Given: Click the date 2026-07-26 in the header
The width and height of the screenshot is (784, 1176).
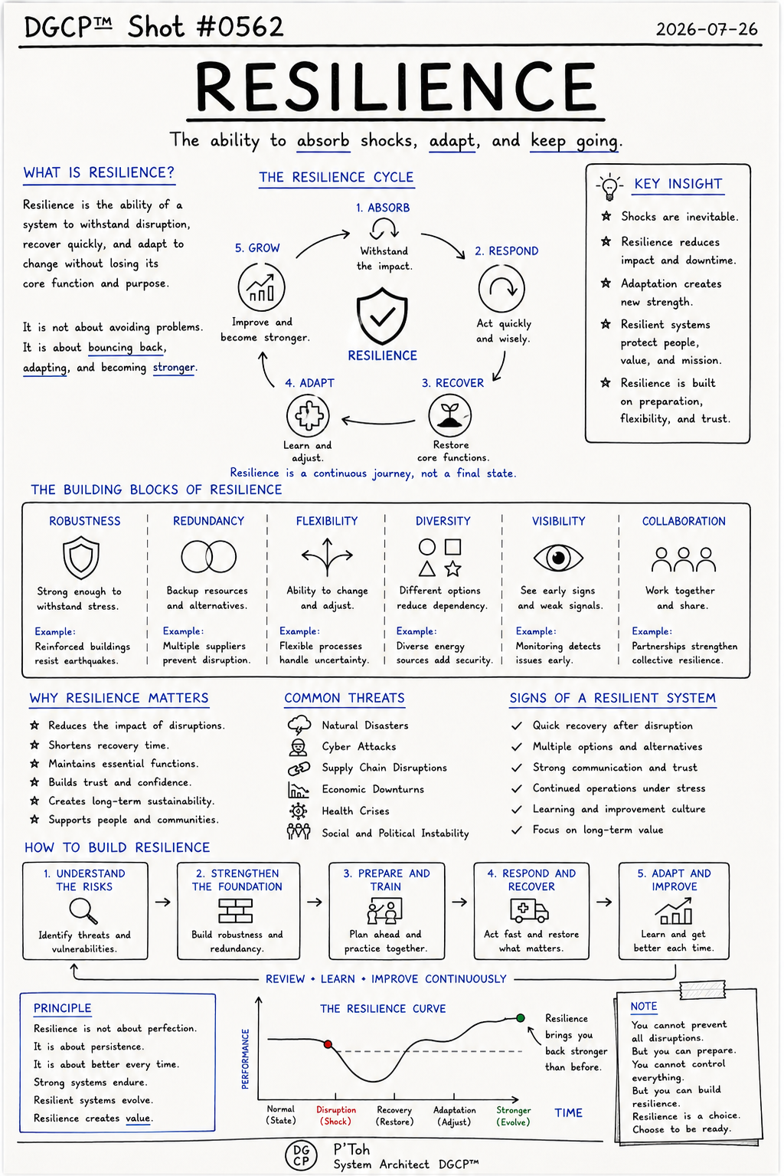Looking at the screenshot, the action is pyautogui.click(x=707, y=29).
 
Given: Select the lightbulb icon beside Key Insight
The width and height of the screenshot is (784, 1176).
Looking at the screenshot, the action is pyautogui.click(x=609, y=186).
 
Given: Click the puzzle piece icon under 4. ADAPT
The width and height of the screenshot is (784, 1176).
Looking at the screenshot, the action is pyautogui.click(x=308, y=415).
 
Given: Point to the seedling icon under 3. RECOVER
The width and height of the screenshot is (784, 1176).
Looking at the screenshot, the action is pyautogui.click(x=449, y=415).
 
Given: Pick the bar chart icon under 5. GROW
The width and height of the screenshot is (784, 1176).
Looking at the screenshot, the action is pyautogui.click(x=261, y=288).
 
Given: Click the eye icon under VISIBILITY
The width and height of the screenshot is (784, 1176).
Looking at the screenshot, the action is pyautogui.click(x=558, y=557).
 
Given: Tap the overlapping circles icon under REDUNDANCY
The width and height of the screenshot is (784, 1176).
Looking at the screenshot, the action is pyautogui.click(x=209, y=556).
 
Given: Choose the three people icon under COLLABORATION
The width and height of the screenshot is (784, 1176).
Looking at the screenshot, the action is pyautogui.click(x=683, y=559).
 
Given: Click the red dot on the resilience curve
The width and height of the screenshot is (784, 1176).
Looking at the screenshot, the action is pyautogui.click(x=328, y=1044).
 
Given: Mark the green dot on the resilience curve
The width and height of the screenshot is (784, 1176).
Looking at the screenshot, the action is pyautogui.click(x=520, y=1018).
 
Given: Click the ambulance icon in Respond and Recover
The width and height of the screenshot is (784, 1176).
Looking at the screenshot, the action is pyautogui.click(x=529, y=910).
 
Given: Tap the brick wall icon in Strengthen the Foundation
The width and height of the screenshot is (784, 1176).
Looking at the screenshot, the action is pyautogui.click(x=236, y=911).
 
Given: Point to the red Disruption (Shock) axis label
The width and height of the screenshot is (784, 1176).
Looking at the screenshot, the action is pyautogui.click(x=336, y=1115).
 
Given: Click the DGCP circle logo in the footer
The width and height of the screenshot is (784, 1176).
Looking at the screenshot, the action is pyautogui.click(x=301, y=1155).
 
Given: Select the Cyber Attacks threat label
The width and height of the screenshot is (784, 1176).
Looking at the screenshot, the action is pyautogui.click(x=359, y=746).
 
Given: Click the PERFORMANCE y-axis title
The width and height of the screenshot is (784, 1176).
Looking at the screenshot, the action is pyautogui.click(x=245, y=1059).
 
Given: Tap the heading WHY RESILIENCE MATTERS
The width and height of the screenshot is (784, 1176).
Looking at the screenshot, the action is pyautogui.click(x=119, y=698).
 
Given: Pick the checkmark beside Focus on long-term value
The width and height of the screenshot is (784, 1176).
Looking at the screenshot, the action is pyautogui.click(x=517, y=830).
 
